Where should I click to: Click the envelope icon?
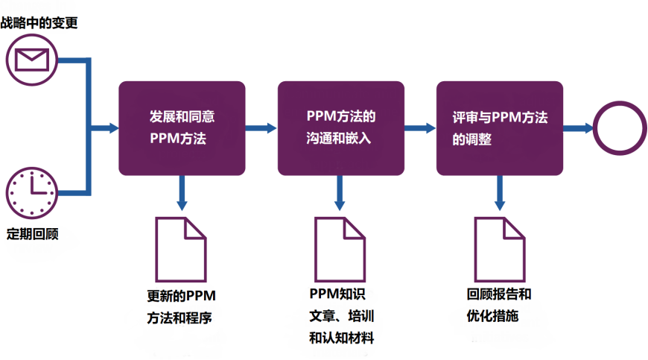31,59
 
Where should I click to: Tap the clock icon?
31,189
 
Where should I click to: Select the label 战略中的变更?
39,23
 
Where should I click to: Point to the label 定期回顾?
32,234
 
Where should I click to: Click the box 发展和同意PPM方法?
182,128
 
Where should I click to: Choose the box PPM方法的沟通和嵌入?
340,128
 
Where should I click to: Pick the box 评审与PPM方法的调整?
499,128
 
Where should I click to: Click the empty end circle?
619,128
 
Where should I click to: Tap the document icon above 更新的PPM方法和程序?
180,249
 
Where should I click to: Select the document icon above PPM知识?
340,249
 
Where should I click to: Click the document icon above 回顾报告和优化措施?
499,249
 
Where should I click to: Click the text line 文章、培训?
340,315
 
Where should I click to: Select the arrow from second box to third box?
420,128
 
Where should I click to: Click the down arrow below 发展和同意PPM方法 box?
180,193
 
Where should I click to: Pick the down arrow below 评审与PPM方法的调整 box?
499,193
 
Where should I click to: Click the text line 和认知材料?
341,338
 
